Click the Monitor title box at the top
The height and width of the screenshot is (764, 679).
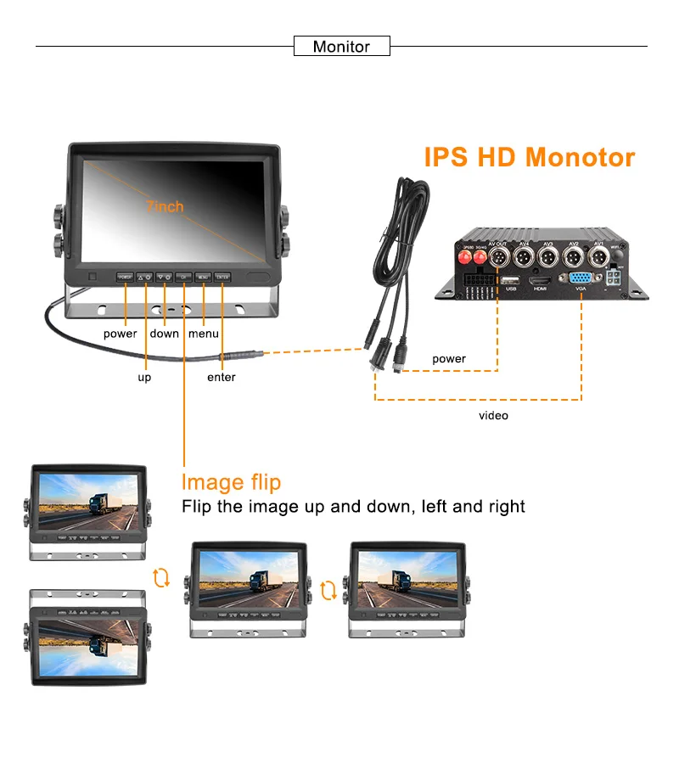coord(341,47)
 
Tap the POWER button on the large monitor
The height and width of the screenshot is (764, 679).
coord(125,277)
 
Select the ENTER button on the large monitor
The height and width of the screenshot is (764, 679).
coord(222,277)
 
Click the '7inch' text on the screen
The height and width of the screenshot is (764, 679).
coord(165,206)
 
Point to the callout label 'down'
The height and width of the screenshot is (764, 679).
coord(164,334)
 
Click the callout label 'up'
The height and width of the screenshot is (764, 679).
coord(144,377)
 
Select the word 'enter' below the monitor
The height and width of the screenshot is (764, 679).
coord(222,377)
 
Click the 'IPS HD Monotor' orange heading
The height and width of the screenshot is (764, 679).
coord(529,157)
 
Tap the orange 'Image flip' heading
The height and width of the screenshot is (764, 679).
coord(231,482)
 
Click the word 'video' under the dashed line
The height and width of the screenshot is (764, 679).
coord(493,415)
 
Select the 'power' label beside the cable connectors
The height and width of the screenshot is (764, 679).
coord(449,358)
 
